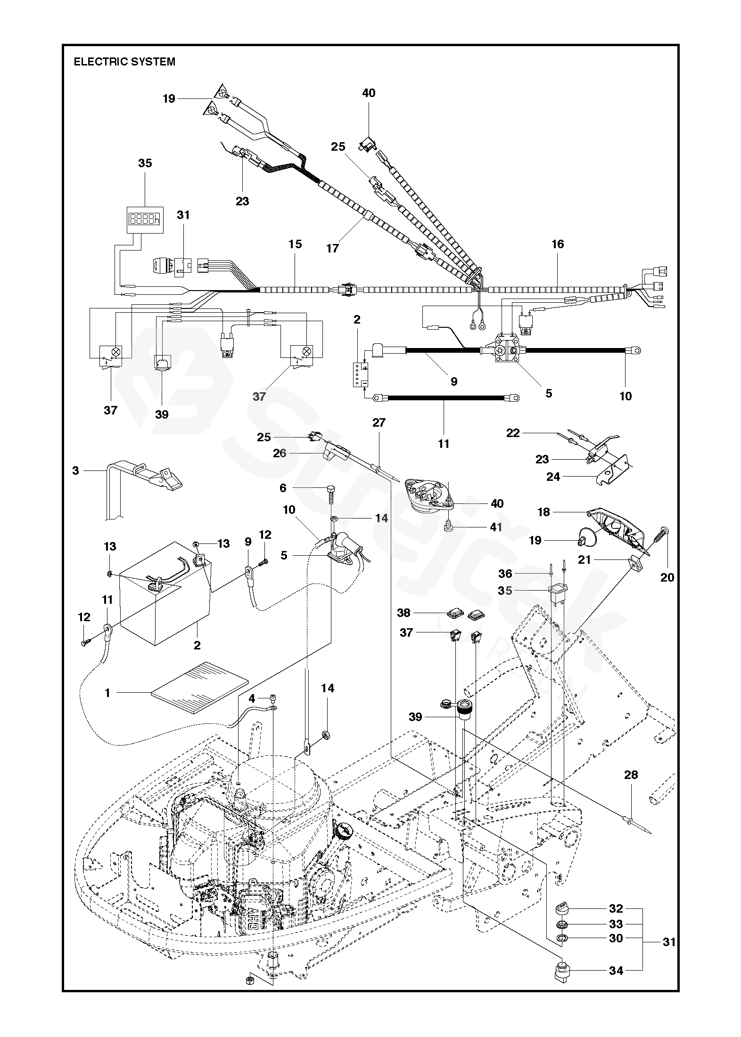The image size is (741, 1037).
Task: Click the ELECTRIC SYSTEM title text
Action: (x=124, y=62)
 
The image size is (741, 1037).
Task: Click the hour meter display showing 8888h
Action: (x=145, y=219)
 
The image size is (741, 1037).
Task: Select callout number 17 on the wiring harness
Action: (x=332, y=248)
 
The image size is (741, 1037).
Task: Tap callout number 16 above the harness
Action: (x=557, y=244)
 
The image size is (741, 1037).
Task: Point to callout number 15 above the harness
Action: (x=295, y=244)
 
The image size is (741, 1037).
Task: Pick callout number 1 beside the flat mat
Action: (x=107, y=693)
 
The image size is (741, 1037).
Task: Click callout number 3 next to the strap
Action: (x=75, y=470)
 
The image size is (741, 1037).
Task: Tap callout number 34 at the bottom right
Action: (x=616, y=971)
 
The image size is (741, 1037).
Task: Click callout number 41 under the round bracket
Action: (x=495, y=527)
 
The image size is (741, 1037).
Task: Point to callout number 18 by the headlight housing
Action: (x=544, y=512)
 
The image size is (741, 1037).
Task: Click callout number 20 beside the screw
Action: (x=667, y=576)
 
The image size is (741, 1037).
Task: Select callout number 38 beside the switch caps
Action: (x=404, y=613)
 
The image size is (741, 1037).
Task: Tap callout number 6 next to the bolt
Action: (x=283, y=488)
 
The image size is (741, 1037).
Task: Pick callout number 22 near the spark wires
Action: (x=513, y=433)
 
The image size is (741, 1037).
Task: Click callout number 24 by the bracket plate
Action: (x=553, y=477)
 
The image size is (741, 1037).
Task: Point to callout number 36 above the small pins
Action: (x=505, y=574)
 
